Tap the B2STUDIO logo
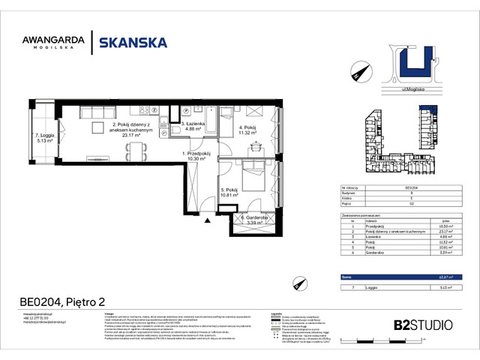point(422,325)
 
